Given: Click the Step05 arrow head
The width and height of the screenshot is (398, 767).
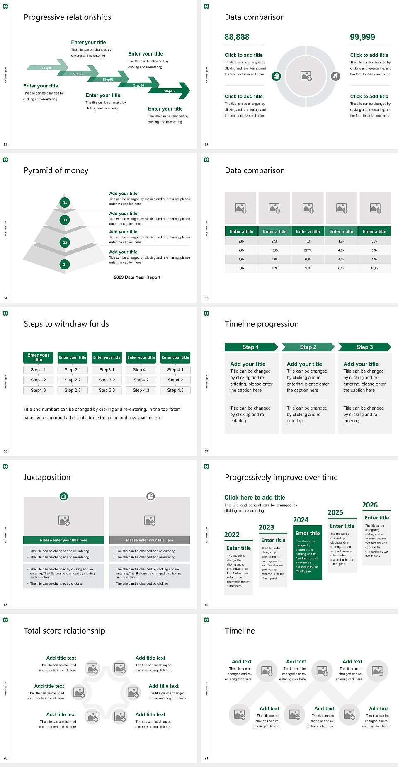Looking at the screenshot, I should click(182, 91).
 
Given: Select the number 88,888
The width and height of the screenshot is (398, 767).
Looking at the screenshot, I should click(237, 37).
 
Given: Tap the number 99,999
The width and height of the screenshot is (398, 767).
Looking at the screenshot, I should click(362, 37).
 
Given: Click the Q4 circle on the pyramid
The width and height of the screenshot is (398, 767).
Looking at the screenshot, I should click(65, 203).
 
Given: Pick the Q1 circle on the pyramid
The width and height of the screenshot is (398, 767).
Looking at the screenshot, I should click(65, 264).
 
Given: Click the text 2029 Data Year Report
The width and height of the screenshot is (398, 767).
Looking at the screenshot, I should click(137, 277).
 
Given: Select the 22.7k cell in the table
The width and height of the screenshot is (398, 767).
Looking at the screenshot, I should click(308, 250).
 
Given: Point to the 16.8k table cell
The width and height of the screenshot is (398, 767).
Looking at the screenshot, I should click(274, 250).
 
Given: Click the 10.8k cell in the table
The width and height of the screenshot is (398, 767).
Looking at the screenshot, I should click(374, 269).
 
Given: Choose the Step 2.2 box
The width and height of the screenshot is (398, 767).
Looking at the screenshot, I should click(73, 380).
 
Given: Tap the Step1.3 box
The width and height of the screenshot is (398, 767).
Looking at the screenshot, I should click(38, 390).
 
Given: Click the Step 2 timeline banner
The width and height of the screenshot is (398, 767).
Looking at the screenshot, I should click(308, 347).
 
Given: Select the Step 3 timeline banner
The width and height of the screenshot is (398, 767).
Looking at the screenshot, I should click(365, 347).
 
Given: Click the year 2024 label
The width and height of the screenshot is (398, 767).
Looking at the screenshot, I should click(301, 520).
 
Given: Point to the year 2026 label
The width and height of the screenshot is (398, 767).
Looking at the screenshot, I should click(370, 505).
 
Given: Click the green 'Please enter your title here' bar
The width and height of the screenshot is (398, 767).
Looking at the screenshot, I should click(63, 540).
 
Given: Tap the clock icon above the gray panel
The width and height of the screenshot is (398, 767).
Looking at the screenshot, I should click(150, 496).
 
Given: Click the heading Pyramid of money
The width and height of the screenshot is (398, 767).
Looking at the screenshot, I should click(56, 170).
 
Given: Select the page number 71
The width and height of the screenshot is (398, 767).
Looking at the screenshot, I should click(206, 758).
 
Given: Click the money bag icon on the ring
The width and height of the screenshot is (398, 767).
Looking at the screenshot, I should click(335, 76).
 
